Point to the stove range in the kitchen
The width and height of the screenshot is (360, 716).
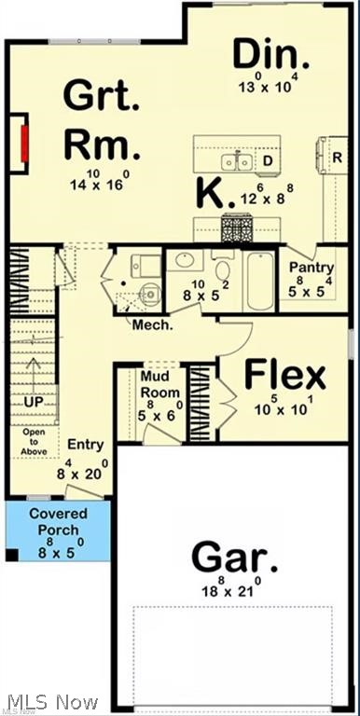click(x=234, y=227)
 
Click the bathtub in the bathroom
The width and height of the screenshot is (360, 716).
click(x=259, y=279)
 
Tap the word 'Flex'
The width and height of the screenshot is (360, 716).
click(x=285, y=376)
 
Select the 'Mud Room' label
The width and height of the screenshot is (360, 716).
click(x=159, y=384)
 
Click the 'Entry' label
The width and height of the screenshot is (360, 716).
click(x=86, y=446)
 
